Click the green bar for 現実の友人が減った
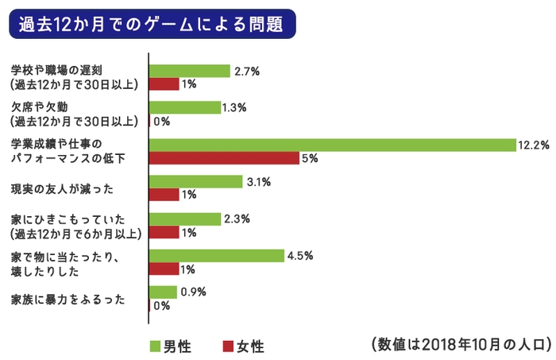(195, 182)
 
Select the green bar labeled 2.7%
(189, 72)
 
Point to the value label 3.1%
(259, 182)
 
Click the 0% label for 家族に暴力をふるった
(161, 305)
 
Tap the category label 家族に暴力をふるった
(68, 300)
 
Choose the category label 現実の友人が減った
(64, 188)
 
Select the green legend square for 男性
(156, 346)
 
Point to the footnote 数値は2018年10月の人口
(460, 344)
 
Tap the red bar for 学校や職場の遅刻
(164, 84)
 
